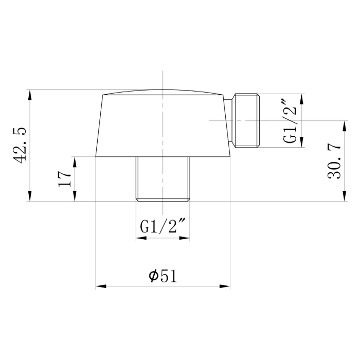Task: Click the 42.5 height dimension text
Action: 20,145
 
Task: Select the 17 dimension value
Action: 64,179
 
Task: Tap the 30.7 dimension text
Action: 334,162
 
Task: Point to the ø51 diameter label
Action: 163,276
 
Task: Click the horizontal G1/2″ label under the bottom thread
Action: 163,227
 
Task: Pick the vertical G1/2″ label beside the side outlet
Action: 290,121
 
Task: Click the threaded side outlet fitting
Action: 246,120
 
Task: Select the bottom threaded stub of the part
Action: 163,179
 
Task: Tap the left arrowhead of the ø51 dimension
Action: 101,286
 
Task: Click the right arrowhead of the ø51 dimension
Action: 225,286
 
